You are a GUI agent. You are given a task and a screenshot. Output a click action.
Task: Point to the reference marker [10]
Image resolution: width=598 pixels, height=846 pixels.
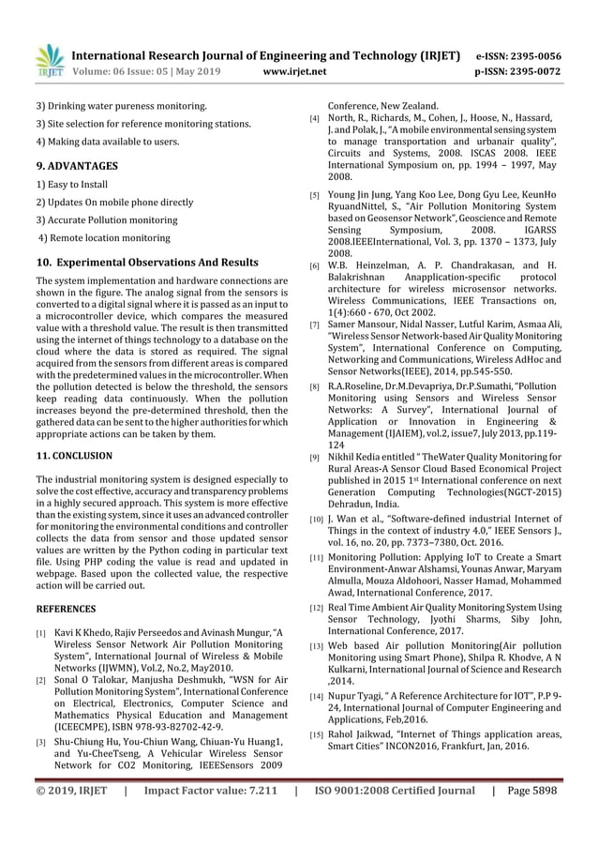coord(319,518)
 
